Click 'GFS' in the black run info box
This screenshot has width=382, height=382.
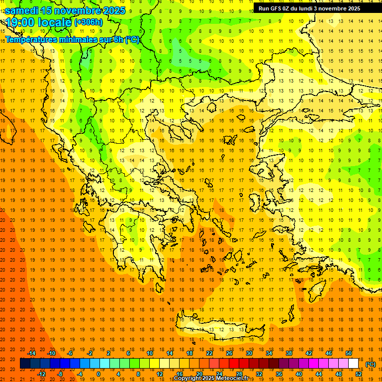(278, 8)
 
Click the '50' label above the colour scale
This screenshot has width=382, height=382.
(349, 353)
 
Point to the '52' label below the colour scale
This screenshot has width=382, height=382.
(359, 374)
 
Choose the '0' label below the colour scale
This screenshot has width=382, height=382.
(98, 374)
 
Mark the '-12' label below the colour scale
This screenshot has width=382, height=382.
(41, 374)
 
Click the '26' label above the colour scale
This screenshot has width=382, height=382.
(229, 353)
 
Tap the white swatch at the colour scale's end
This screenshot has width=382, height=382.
(354, 364)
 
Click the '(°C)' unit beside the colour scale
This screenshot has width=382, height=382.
(371, 364)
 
